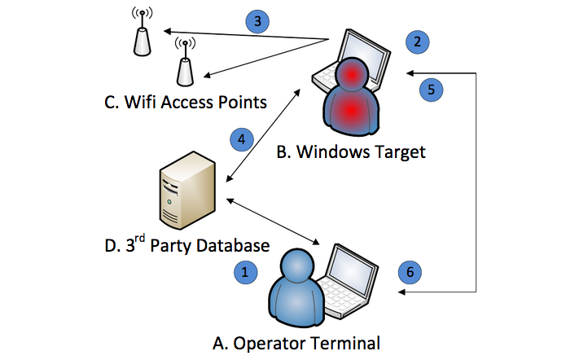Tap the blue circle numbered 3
[257, 22]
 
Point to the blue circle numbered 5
[432, 88]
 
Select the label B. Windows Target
[351, 151]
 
